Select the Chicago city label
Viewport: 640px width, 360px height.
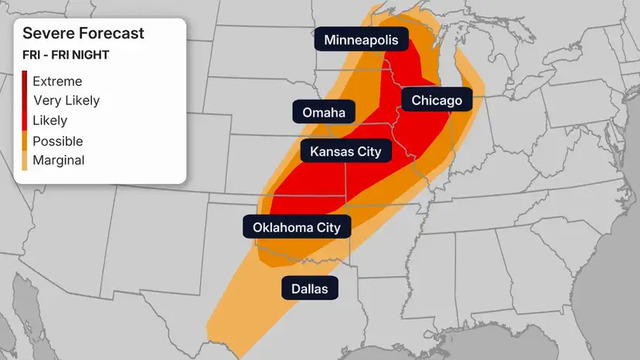click(436, 100)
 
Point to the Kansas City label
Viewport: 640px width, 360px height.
click(347, 151)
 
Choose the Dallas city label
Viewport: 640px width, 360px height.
click(309, 288)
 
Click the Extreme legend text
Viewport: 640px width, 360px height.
click(57, 80)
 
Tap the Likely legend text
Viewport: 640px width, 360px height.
click(51, 120)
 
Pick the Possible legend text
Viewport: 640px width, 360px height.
click(57, 141)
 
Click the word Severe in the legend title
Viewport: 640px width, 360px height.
click(48, 34)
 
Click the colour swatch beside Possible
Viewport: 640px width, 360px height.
click(24, 141)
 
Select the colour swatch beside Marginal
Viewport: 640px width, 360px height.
click(24, 160)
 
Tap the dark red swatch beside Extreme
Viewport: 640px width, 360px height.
click(24, 80)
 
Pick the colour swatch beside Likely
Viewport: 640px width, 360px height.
click(24, 120)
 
